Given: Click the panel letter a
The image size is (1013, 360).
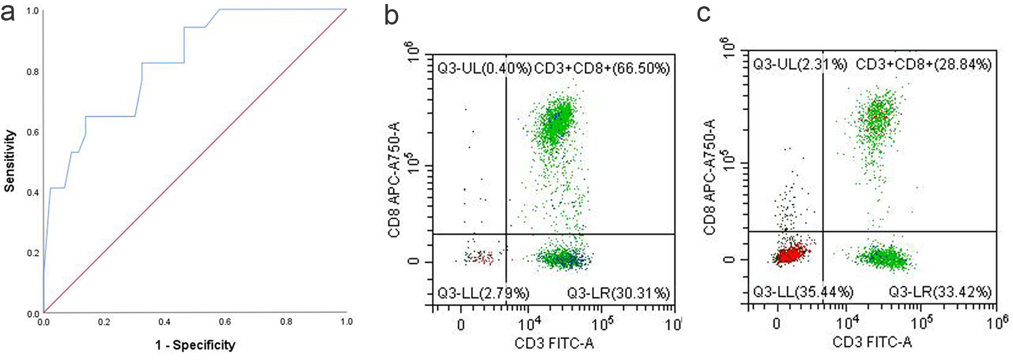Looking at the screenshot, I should click(x=8, y=13).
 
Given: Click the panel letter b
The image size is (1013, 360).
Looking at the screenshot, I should click(x=391, y=15).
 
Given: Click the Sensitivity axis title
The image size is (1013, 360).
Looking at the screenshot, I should click(x=10, y=161).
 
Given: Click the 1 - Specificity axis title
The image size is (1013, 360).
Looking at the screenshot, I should click(x=195, y=345).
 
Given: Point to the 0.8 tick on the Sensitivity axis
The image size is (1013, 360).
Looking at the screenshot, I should click(x=33, y=71).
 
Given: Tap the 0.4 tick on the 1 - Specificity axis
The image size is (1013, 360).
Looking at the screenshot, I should click(x=165, y=322).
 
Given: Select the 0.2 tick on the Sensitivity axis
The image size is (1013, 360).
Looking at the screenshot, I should click(x=33, y=253).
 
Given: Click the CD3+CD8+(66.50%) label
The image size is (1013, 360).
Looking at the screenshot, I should click(x=602, y=69).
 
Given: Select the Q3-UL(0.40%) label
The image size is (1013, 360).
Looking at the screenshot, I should click(x=484, y=69).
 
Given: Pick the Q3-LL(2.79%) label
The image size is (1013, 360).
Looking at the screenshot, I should click(x=483, y=294).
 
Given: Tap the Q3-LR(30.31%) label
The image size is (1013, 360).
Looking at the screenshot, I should click(x=618, y=294).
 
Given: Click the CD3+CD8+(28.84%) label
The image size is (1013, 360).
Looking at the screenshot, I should click(x=923, y=64).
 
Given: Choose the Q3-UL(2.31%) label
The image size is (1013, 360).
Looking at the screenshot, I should click(x=800, y=64).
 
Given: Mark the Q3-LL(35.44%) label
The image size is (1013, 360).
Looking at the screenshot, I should click(x=802, y=292).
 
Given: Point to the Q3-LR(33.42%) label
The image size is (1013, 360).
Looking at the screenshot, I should click(x=940, y=292).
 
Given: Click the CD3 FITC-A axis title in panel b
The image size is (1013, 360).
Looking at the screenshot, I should click(x=554, y=343).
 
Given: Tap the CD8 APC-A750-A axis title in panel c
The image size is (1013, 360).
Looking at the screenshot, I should click(x=709, y=177).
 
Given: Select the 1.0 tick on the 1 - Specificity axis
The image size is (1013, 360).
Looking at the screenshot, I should click(x=346, y=322).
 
